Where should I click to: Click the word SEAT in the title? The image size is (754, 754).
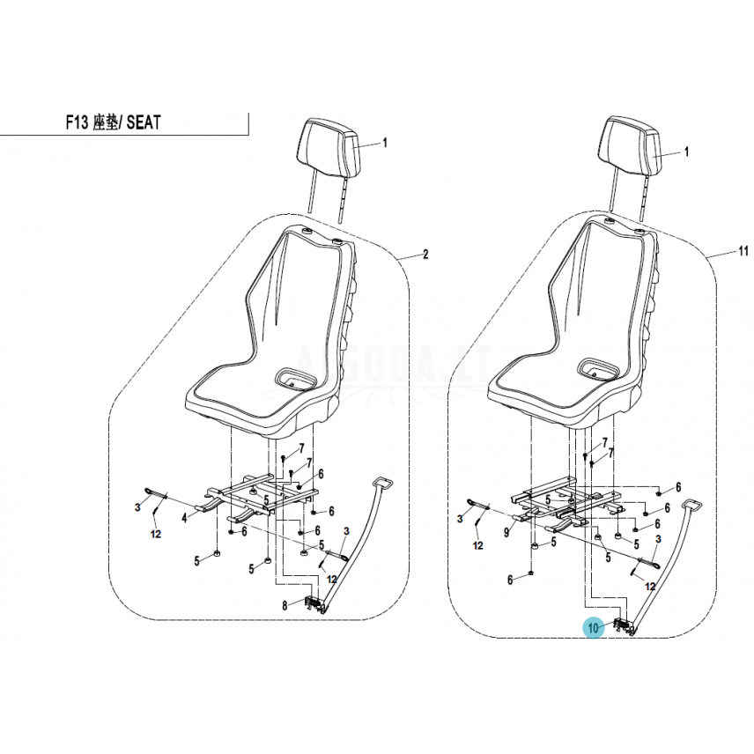144,123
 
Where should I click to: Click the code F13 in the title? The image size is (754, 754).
77,123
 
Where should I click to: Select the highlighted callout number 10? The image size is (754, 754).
593,628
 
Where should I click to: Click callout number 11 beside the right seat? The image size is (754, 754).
743,250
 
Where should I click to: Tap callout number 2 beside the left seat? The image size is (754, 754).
425,255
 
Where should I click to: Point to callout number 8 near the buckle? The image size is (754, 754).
285,605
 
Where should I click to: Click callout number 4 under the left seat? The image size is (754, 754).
184,518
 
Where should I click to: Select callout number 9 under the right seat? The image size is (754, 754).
506,533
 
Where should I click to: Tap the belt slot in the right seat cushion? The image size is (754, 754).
596,368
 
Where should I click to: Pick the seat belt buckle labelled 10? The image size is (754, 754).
623,625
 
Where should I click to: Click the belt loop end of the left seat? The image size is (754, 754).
384,482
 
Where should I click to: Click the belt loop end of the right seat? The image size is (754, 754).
691,506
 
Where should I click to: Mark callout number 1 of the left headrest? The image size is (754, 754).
385,143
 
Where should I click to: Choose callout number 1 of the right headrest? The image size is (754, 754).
687,152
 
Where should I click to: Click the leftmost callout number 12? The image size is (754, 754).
155,535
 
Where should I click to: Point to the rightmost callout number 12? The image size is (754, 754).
650,587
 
